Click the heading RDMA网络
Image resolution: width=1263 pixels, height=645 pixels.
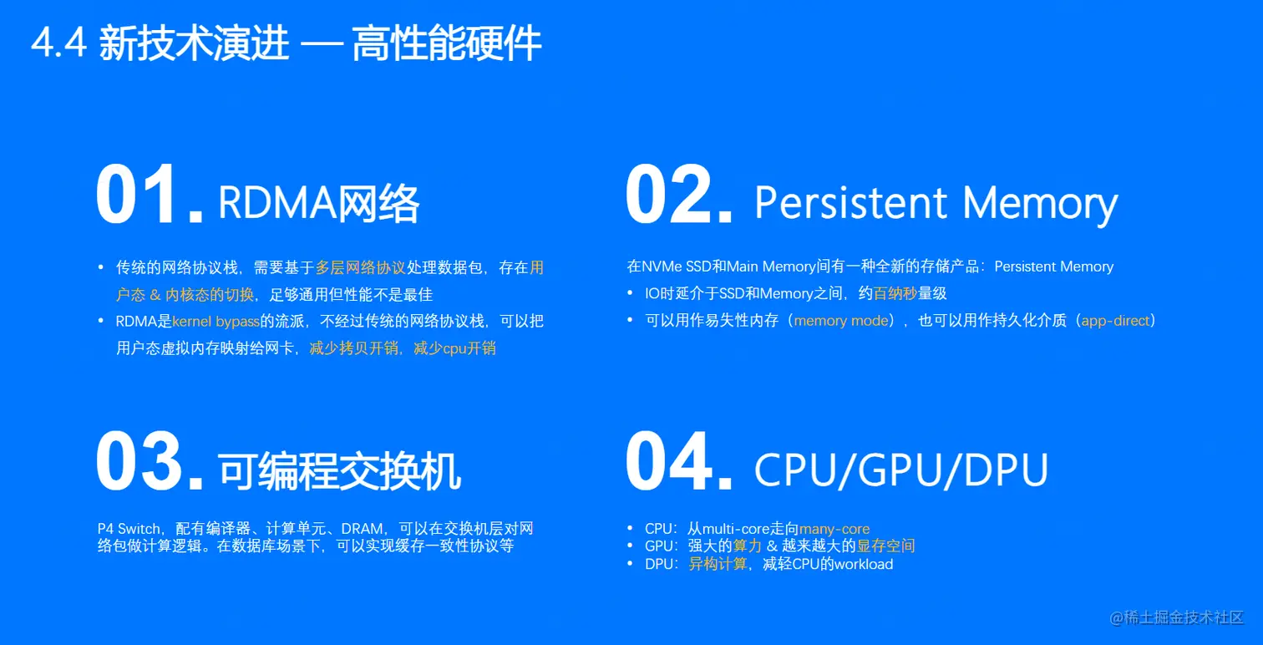click(318, 203)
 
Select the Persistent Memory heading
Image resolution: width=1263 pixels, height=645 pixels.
click(936, 203)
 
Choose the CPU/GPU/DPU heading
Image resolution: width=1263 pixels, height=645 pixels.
click(900, 470)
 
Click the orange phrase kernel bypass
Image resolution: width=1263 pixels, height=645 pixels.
click(216, 322)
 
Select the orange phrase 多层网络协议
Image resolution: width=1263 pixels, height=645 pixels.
click(360, 268)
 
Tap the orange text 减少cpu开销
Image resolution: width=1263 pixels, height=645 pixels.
click(454, 348)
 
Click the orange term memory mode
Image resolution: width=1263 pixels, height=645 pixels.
click(841, 321)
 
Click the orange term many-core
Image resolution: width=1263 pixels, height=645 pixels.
click(834, 529)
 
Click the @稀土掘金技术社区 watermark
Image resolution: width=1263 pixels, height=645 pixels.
click(1176, 617)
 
